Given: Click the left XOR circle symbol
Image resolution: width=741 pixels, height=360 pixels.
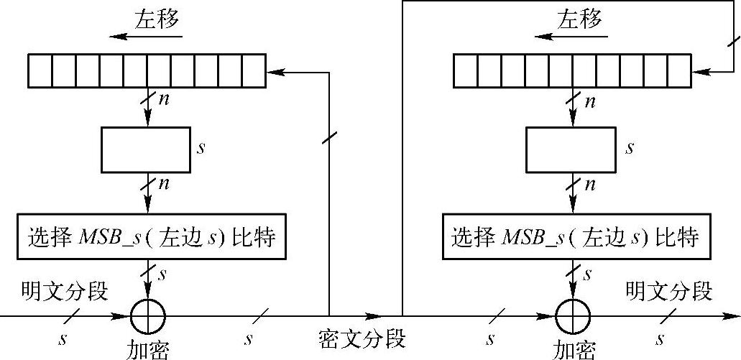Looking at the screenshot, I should click(x=148, y=315).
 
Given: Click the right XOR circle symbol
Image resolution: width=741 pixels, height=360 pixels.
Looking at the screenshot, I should click(x=573, y=315).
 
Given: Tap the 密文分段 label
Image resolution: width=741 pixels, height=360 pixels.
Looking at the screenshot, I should click(x=362, y=338).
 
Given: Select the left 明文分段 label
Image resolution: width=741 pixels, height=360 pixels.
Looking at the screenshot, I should click(x=65, y=292).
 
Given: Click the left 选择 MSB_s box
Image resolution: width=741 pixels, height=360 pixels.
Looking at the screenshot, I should click(x=152, y=236).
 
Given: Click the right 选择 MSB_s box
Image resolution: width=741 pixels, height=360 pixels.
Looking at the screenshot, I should click(x=576, y=236).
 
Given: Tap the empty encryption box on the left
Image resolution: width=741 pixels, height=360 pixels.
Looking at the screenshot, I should click(x=144, y=150).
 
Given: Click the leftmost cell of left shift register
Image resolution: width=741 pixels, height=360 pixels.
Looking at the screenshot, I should click(x=40, y=70).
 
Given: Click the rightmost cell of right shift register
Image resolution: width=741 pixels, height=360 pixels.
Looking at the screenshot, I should click(x=678, y=70).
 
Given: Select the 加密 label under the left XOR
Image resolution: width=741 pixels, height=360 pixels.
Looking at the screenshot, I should click(x=148, y=350).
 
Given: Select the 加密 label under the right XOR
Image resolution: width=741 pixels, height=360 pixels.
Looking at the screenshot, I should click(x=574, y=350).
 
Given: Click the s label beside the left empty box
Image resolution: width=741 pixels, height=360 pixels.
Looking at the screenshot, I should click(x=201, y=149).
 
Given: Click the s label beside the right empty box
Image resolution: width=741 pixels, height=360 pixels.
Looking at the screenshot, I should click(x=630, y=149).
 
